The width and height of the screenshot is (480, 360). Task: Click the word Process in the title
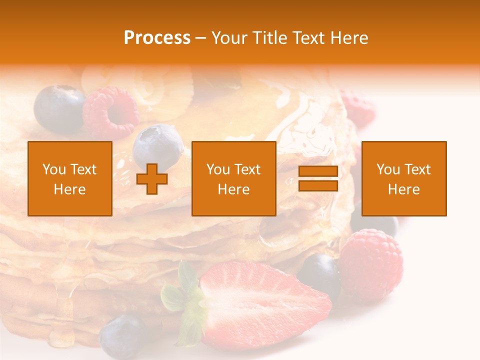pyautogui.click(x=157, y=38)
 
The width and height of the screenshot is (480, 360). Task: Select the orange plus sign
pyautogui.click(x=152, y=178)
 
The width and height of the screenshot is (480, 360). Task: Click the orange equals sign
pyautogui.click(x=318, y=178)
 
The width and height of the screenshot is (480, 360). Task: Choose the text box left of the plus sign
pyautogui.click(x=70, y=178)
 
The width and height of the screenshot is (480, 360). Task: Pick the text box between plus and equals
pyautogui.click(x=234, y=178)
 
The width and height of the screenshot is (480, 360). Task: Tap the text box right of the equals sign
pyautogui.click(x=404, y=178)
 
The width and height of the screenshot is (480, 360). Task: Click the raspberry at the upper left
pyautogui.click(x=111, y=112)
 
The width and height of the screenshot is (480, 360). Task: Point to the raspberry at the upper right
pyautogui.click(x=357, y=107)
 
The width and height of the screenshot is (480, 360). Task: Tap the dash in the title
pyautogui.click(x=201, y=38)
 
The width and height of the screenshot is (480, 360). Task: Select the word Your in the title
pyautogui.click(x=228, y=38)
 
